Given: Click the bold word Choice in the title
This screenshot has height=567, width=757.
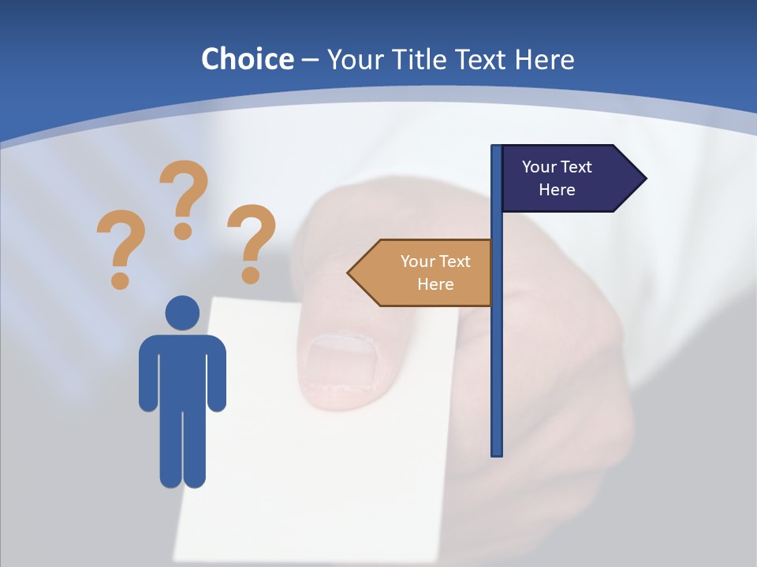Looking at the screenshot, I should point(248,59).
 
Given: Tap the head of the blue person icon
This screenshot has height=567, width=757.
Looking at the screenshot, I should point(182,313).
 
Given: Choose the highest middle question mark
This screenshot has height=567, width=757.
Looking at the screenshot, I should point(184,197).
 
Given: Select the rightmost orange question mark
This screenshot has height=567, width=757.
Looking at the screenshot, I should point(252,240).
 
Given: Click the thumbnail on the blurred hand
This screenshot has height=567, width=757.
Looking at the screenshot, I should point(341,363).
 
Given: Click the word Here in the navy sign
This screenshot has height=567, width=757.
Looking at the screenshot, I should point(557,190).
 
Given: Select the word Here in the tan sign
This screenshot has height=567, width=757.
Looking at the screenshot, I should point(435,284).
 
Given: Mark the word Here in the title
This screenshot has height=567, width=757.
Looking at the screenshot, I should point(544,59).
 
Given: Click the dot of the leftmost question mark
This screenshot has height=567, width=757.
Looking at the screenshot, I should point(120,280).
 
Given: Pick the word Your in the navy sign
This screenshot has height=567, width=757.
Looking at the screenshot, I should point(539,167).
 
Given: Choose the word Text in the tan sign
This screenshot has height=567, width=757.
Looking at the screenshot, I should point(454,261).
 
